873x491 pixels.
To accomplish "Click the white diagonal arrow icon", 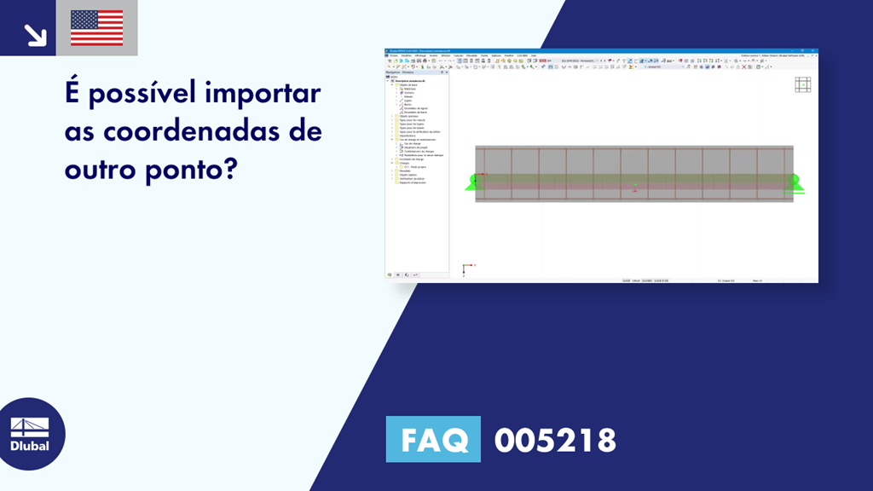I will [35, 35].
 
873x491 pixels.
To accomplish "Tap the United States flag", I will [96, 28].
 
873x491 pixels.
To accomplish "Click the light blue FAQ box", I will [433, 439].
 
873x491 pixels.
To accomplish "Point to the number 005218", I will [555, 440].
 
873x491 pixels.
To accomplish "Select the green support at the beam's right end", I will [796, 182].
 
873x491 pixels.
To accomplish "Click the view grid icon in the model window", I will [802, 84].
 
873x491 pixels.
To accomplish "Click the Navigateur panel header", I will [401, 72].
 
